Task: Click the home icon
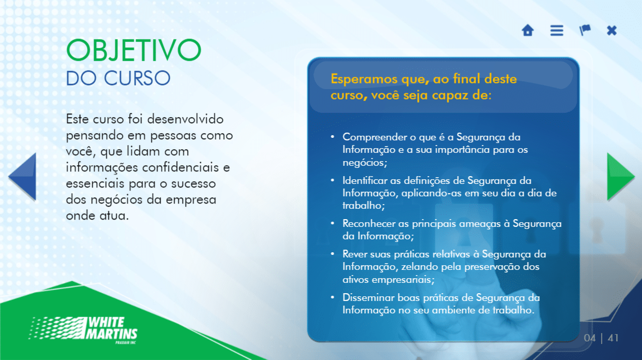coord(527,31)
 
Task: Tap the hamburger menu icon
coord(557,31)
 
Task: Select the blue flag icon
coord(584,30)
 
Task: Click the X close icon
coord(611,31)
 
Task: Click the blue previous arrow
coord(23,177)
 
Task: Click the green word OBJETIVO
coord(134,50)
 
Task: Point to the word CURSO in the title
coord(137,78)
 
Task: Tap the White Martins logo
coord(83,330)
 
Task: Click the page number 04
coord(590,338)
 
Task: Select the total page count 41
coord(613,338)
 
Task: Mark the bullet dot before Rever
coord(333,254)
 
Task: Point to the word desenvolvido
coord(185,119)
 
